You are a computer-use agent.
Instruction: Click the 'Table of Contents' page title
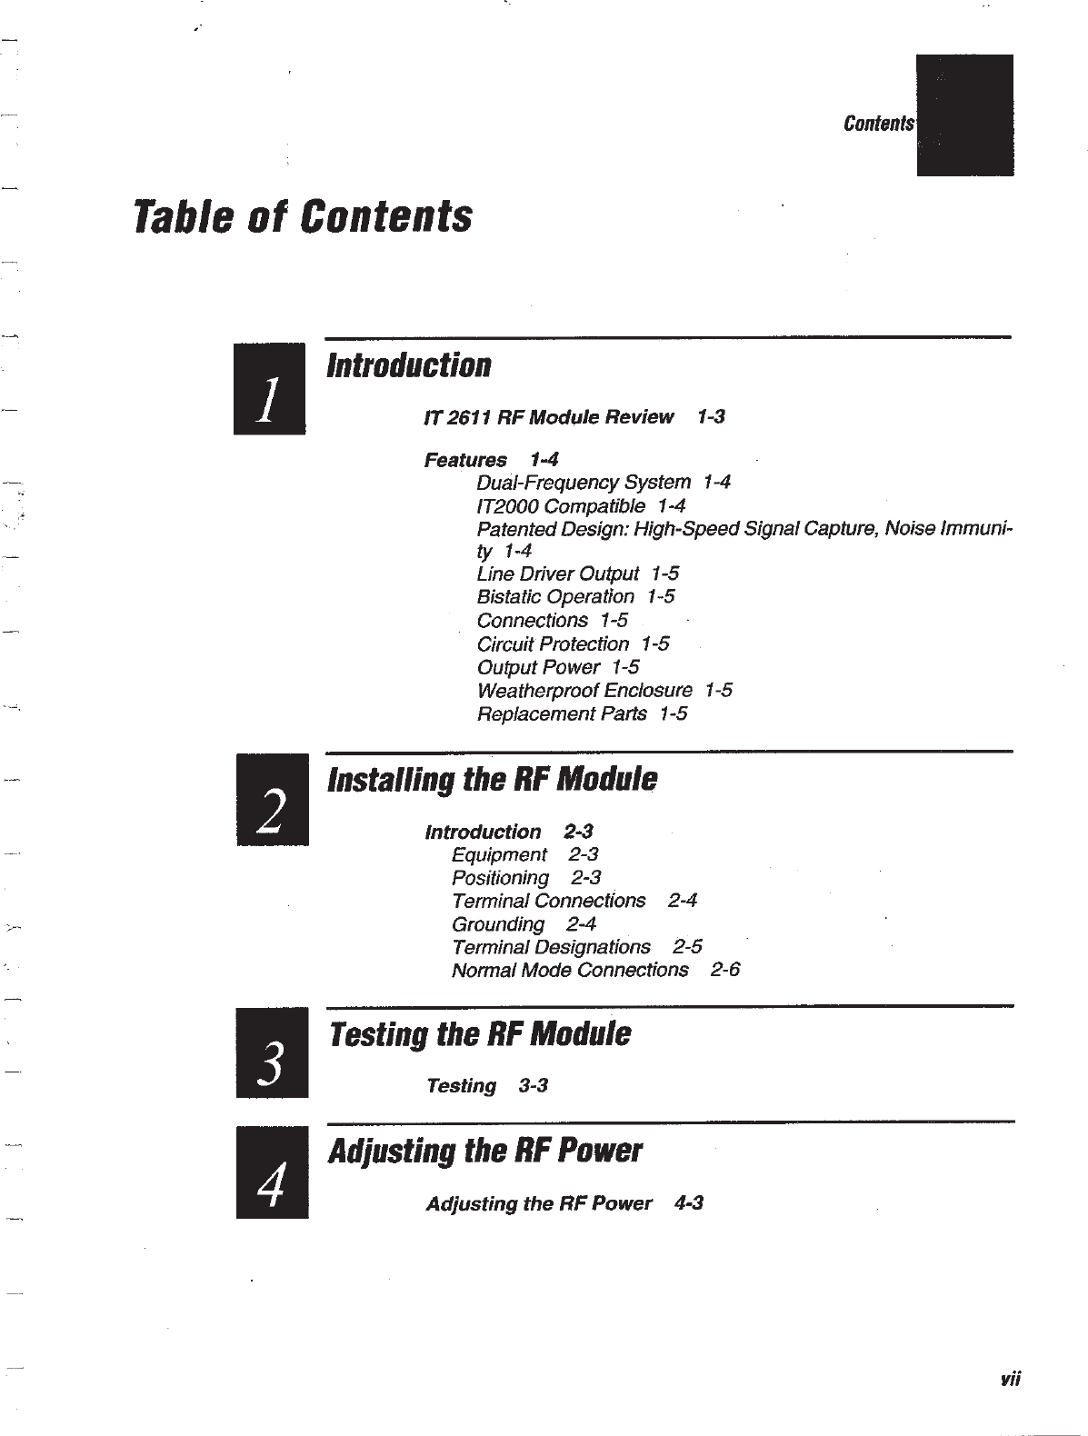pos(303,216)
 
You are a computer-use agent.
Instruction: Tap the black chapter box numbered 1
pos(269,389)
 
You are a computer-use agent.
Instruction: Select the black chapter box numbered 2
pos(273,800)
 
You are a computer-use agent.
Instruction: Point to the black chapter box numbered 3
pos(272,1052)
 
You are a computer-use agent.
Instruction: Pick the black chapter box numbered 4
pos(272,1172)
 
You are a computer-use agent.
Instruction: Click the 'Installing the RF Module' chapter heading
pos(492,779)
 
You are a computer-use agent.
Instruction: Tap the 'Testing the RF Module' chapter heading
pos(479,1033)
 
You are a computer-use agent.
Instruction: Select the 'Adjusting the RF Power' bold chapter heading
pos(484,1151)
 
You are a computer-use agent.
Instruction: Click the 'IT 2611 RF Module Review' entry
pos(548,417)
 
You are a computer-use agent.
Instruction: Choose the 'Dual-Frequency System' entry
pos(583,482)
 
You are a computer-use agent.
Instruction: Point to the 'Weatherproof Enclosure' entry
pos(584,690)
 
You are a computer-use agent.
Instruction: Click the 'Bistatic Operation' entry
pos(555,596)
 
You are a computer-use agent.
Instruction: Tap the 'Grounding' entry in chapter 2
pos(498,924)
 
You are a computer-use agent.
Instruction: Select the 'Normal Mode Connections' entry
pos(570,971)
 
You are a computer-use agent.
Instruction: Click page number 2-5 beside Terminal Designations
pos(687,947)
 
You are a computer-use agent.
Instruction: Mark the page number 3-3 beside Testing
pos(533,1086)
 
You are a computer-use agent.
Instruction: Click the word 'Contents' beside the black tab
pos(877,124)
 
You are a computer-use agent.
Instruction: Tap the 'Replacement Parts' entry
pos(562,713)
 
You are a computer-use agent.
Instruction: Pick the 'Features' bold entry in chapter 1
pos(465,460)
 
